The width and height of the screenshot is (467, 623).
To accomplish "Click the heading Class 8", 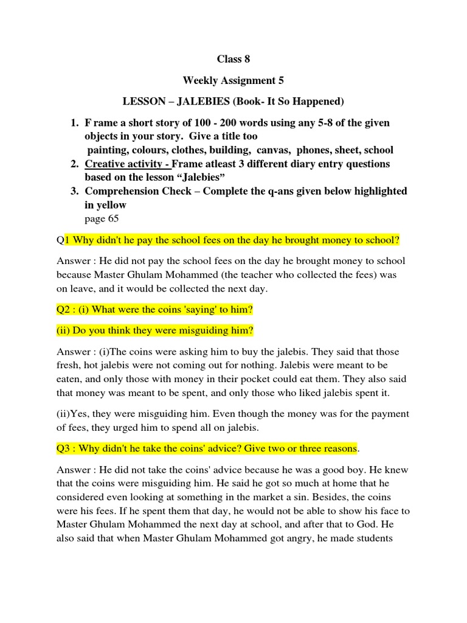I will (233, 59).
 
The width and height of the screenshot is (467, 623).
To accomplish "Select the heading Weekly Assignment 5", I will (233, 80).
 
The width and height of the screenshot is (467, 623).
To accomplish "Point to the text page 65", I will (102, 218).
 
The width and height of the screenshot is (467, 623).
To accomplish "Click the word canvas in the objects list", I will (274, 150).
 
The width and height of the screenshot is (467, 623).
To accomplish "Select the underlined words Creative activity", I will (126, 164).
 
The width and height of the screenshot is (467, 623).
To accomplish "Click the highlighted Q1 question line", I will (233, 241).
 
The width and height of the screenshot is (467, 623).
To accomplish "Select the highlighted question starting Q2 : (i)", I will (154, 310).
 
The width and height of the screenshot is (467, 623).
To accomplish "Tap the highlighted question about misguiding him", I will (155, 330).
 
